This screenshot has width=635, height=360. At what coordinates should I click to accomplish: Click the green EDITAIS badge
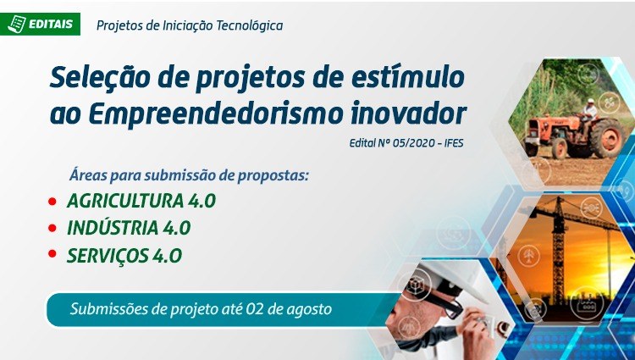pyautogui.click(x=40, y=24)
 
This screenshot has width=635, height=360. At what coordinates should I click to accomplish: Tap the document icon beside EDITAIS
pyautogui.click(x=17, y=24)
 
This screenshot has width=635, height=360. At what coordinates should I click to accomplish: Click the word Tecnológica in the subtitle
pyautogui.click(x=250, y=25)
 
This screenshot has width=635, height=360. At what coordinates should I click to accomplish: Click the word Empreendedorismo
pyautogui.click(x=215, y=114)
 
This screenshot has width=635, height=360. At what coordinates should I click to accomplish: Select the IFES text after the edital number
pyautogui.click(x=454, y=143)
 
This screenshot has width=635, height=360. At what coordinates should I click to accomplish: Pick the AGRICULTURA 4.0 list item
pyautogui.click(x=141, y=201)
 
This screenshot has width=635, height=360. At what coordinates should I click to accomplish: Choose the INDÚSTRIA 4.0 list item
pyautogui.click(x=129, y=228)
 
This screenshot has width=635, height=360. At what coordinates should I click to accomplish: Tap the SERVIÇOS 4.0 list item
pyautogui.click(x=124, y=255)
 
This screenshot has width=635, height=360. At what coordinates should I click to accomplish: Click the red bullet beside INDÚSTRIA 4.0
pyautogui.click(x=52, y=228)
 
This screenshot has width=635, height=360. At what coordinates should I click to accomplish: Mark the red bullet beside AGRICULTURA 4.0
pyautogui.click(x=52, y=201)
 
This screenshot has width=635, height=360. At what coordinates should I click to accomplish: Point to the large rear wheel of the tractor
pyautogui.click(x=607, y=138)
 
